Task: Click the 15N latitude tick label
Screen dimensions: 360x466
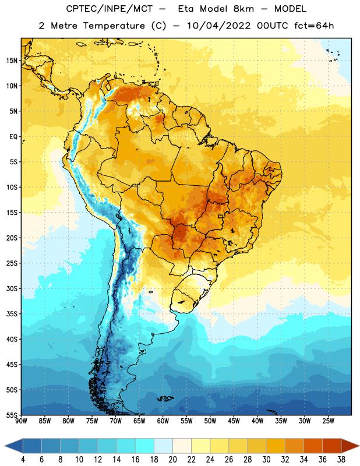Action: click(x=12, y=61)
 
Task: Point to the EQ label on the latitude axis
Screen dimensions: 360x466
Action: click(x=13, y=137)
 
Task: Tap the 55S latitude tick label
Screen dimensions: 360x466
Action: click(x=12, y=415)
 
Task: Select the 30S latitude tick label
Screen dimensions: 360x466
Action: click(x=12, y=288)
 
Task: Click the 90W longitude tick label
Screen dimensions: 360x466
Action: click(x=21, y=421)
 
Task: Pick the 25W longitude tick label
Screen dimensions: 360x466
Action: click(x=328, y=421)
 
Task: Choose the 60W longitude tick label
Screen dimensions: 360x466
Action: click(x=163, y=421)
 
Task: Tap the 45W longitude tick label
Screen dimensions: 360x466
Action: click(x=234, y=421)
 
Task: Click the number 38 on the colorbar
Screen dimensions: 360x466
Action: click(x=341, y=460)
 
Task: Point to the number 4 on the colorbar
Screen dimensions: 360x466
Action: click(x=23, y=460)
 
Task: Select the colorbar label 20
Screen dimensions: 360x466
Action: click(x=172, y=460)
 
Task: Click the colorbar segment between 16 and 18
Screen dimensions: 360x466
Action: click(x=145, y=446)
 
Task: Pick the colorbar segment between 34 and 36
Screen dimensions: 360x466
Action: click(x=313, y=446)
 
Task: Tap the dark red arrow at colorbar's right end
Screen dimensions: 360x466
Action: click(x=350, y=446)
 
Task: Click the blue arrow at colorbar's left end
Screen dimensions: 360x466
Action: click(x=14, y=446)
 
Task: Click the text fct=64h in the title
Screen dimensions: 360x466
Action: click(x=314, y=26)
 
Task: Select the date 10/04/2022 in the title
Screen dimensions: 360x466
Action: click(x=218, y=26)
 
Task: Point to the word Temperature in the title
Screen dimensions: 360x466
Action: click(x=114, y=26)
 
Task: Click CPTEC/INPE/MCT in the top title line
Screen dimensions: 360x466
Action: click(x=109, y=9)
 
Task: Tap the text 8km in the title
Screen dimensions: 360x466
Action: click(x=243, y=9)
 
